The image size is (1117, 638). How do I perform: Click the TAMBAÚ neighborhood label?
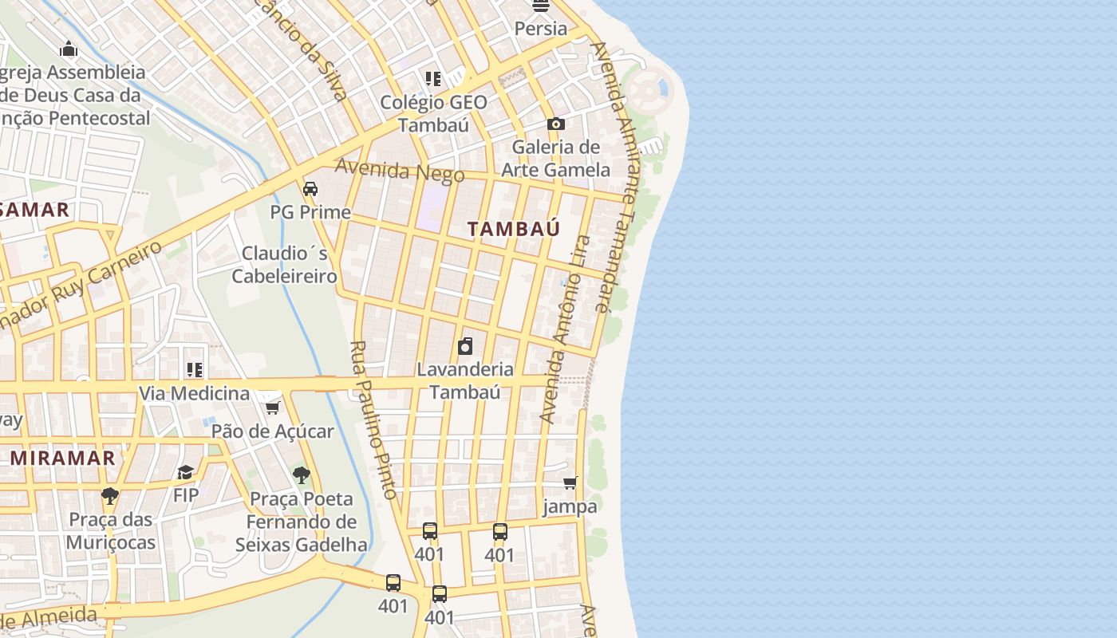point(513,229)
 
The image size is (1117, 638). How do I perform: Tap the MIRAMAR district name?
point(63,459)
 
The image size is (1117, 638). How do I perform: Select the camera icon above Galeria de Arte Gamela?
point(556,124)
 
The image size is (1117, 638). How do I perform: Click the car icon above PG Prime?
point(310,189)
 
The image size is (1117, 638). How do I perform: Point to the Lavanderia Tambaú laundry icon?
point(465,346)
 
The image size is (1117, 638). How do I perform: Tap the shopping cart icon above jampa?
point(570,482)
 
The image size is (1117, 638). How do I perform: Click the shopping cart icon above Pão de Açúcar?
point(272,408)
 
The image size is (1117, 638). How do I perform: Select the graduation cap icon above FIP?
point(186,472)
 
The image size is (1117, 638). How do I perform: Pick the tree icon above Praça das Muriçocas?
point(110,496)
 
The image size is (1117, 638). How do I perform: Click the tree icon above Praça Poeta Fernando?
point(301,475)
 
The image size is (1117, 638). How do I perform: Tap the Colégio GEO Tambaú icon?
point(433,78)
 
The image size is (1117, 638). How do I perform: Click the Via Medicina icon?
point(195,370)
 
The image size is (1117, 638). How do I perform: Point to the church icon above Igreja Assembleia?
point(69,49)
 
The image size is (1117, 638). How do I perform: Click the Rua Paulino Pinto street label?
point(373,420)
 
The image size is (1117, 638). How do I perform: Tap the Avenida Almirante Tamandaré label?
point(613,175)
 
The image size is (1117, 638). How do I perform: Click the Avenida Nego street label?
point(389,170)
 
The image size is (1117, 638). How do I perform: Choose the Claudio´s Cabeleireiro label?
point(284,265)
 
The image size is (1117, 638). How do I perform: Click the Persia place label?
point(541,29)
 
